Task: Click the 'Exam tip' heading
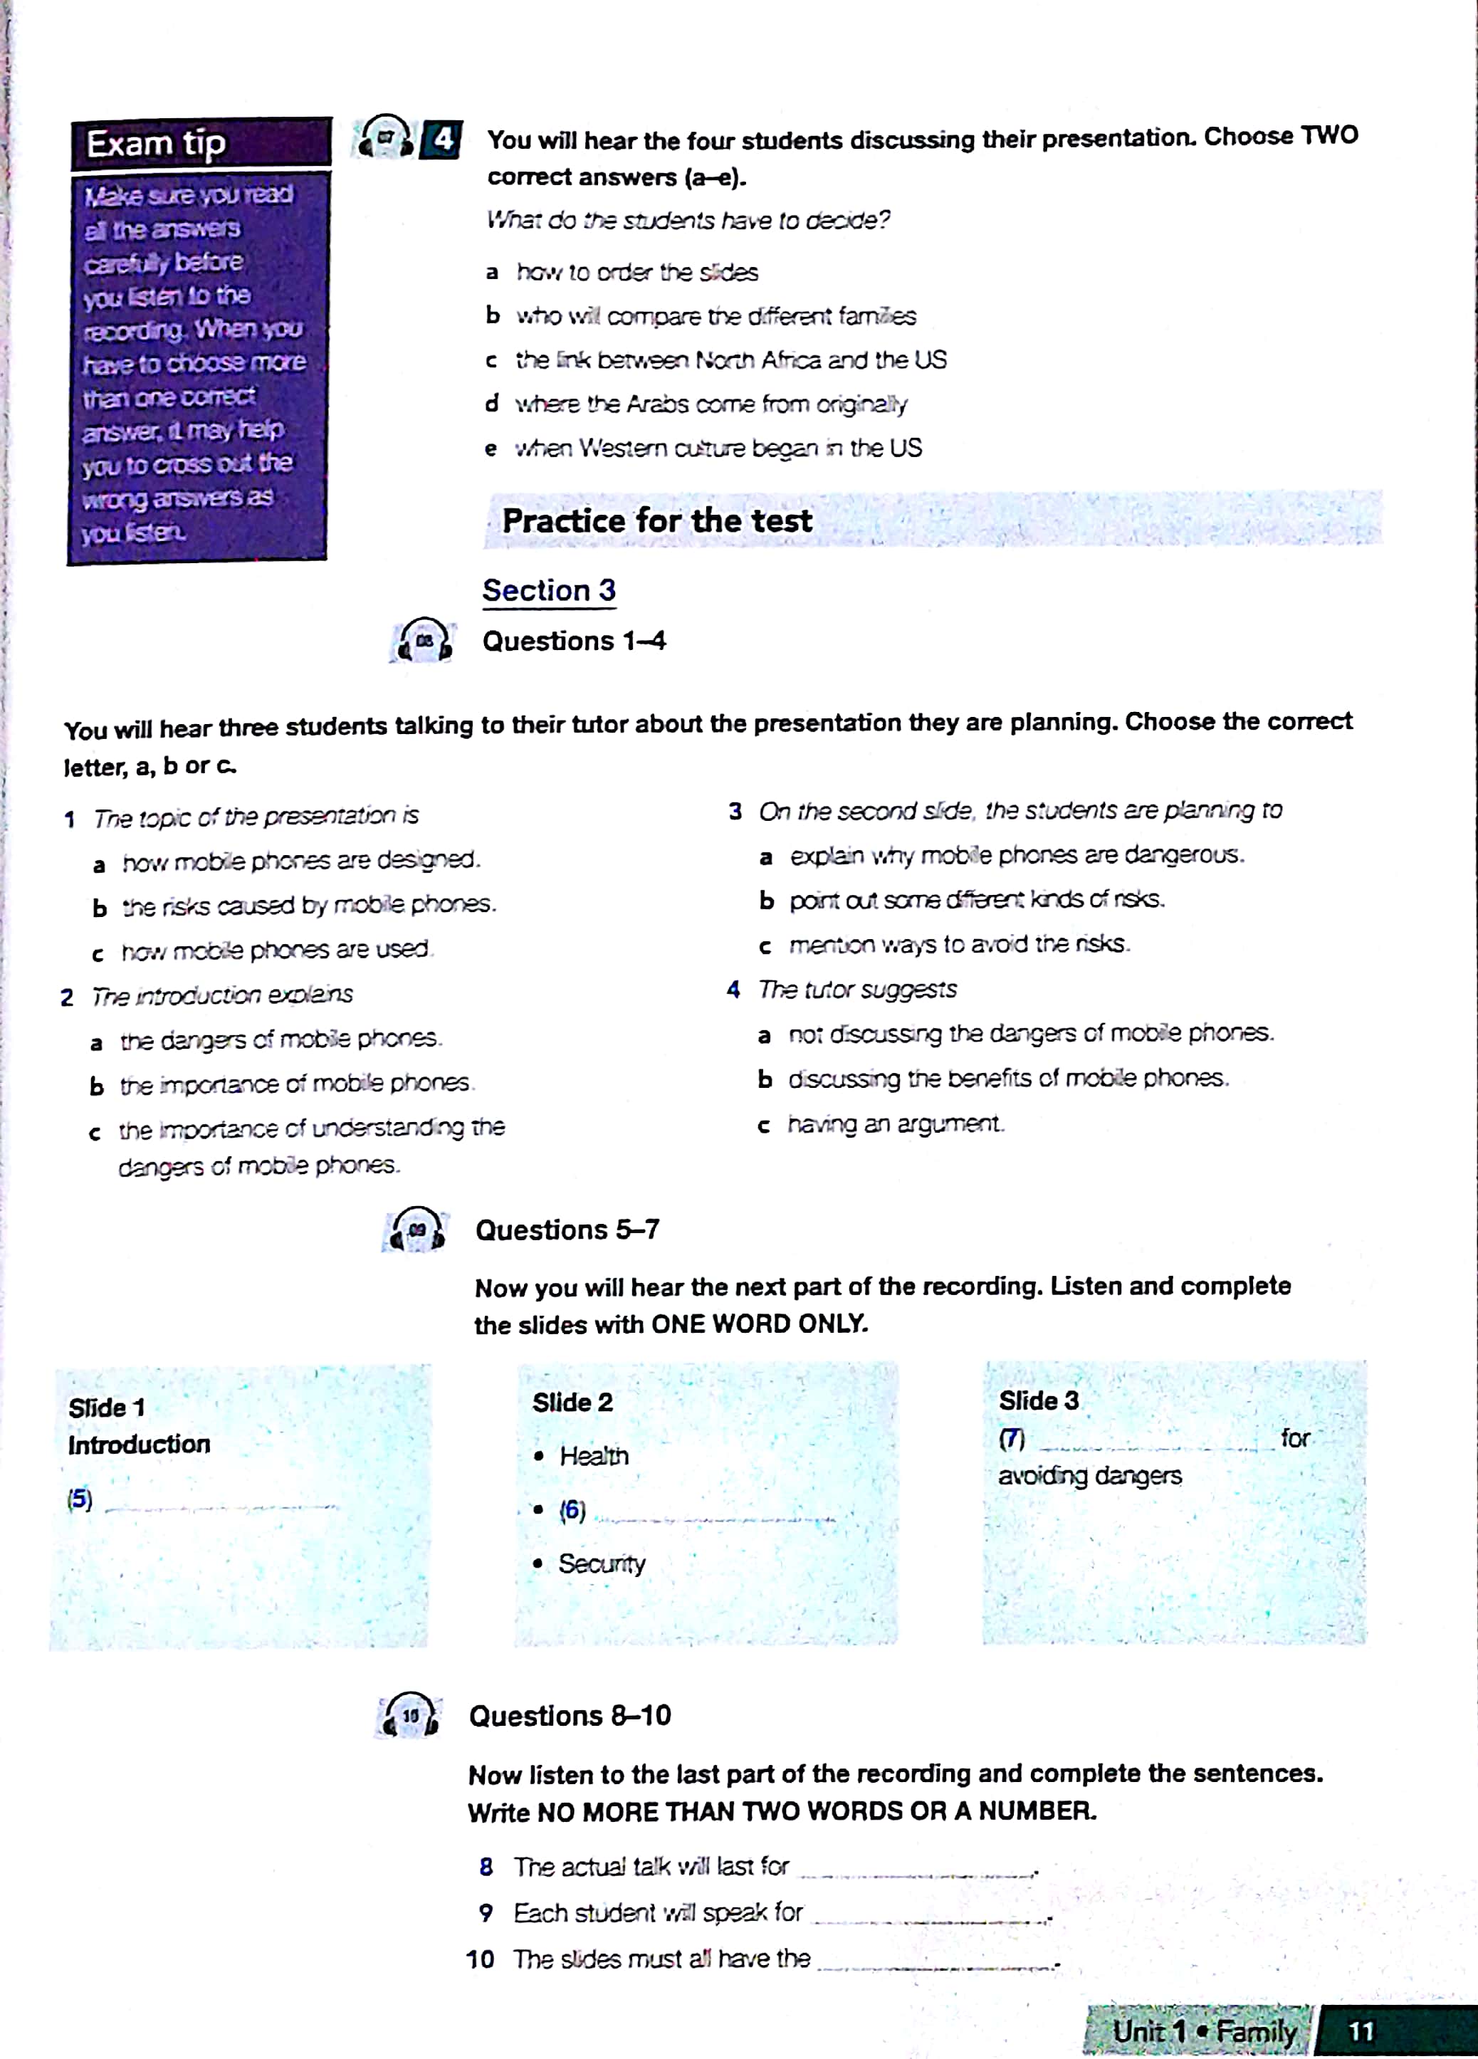156,143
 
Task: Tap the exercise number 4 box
442,139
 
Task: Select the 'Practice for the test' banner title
656,521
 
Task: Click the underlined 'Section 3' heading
548,591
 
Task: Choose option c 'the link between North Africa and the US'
730,360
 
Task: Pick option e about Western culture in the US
717,449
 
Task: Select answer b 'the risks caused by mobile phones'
309,905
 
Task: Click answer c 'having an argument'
894,1124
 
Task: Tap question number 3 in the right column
735,811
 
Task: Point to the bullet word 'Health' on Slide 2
594,1456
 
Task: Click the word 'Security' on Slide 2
601,1563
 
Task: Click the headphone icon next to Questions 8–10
409,1716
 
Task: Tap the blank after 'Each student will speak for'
930,1918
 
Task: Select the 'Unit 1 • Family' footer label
1204,2031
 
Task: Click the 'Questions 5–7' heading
567,1230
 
